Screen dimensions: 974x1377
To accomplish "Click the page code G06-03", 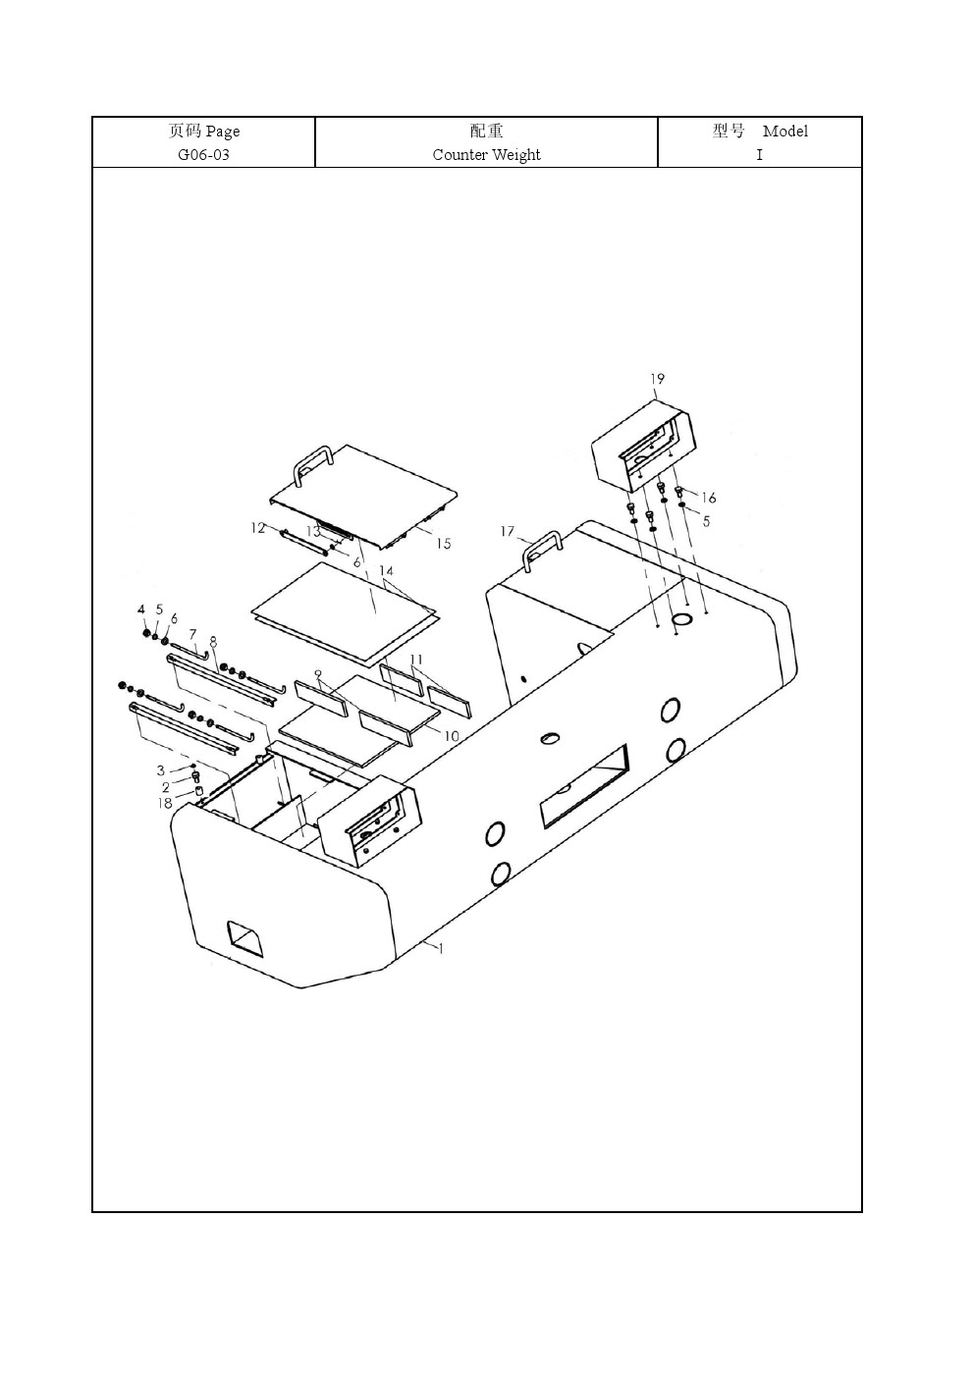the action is coord(203,155).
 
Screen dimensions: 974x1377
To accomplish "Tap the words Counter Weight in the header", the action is coord(486,155).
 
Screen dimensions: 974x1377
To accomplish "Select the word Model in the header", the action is coord(785,131).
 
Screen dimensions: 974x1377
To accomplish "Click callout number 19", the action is coord(657,379).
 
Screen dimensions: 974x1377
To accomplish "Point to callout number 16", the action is coord(708,498).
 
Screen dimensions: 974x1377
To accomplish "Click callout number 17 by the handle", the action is coord(508,531).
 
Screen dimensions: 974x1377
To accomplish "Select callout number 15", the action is coord(444,544).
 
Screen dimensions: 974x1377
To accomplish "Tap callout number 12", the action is coord(257,527).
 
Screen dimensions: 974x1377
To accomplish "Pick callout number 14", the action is coord(386,570).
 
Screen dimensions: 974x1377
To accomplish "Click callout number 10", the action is coord(452,736).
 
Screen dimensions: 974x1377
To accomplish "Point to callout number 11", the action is coord(416,661).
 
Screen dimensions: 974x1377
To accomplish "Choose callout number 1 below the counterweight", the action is coord(440,948).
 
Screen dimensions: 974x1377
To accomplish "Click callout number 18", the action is coord(165,803).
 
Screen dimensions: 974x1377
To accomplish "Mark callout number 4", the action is coord(141,609).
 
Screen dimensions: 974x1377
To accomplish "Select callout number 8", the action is coord(213,642).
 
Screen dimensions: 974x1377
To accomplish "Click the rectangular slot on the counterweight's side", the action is coord(584,786).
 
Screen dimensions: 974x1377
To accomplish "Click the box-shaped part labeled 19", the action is coord(641,446).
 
